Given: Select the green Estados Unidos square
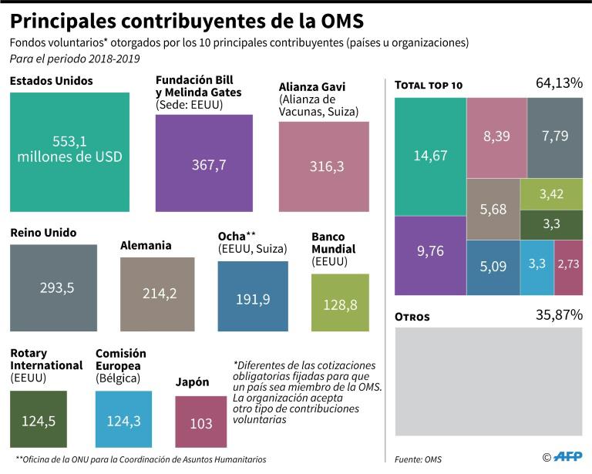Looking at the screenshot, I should pos(69,152).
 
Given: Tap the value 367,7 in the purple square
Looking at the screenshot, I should pos(203,164).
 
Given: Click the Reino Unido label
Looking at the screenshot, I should pos(43,232).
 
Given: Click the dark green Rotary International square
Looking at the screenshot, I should pos(43,420).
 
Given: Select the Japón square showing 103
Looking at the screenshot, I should pos(201,422).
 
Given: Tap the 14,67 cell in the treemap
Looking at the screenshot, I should pos(430,156).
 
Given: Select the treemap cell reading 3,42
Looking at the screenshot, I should pos(550,194).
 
